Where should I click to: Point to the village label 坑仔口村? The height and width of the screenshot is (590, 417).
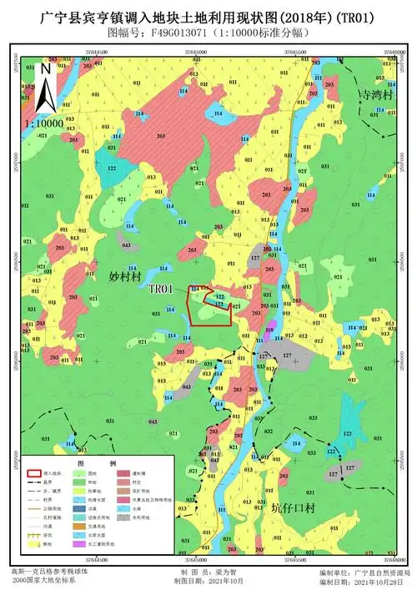[295, 507]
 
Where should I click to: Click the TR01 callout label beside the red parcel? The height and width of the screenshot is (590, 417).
[160, 289]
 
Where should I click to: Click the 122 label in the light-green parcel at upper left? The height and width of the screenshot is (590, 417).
[111, 169]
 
